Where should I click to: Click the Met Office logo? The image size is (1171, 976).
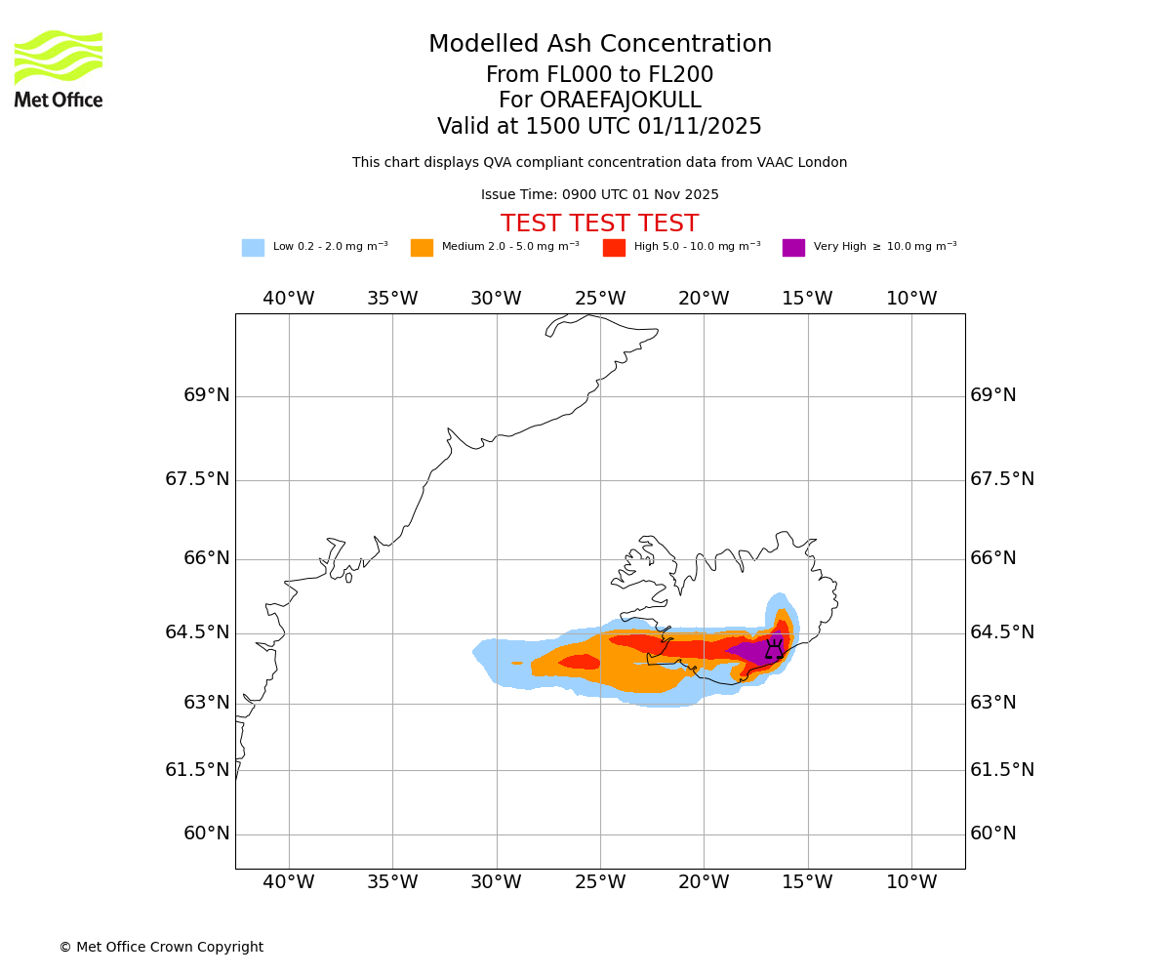[59, 68]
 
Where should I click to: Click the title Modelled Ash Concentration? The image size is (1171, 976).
[599, 45]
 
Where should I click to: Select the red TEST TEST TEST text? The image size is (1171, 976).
[599, 224]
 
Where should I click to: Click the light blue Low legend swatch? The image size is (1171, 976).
[253, 248]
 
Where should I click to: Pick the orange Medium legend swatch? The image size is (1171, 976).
[422, 248]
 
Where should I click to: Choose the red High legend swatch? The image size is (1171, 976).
[614, 248]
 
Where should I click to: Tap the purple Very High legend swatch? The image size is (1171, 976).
[793, 248]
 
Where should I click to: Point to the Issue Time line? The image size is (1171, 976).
[599, 195]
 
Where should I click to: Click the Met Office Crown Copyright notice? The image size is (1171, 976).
[161, 948]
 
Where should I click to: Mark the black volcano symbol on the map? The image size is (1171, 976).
[774, 649]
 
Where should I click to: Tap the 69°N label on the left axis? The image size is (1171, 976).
[207, 395]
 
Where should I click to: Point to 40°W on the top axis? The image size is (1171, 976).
[289, 299]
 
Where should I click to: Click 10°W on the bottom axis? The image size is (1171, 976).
[911, 882]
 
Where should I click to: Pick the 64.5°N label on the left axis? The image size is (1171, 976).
[197, 632]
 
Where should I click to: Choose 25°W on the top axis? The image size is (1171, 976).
[600, 299]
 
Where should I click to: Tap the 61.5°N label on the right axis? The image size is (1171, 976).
[1001, 770]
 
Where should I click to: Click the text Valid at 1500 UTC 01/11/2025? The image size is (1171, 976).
[599, 127]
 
